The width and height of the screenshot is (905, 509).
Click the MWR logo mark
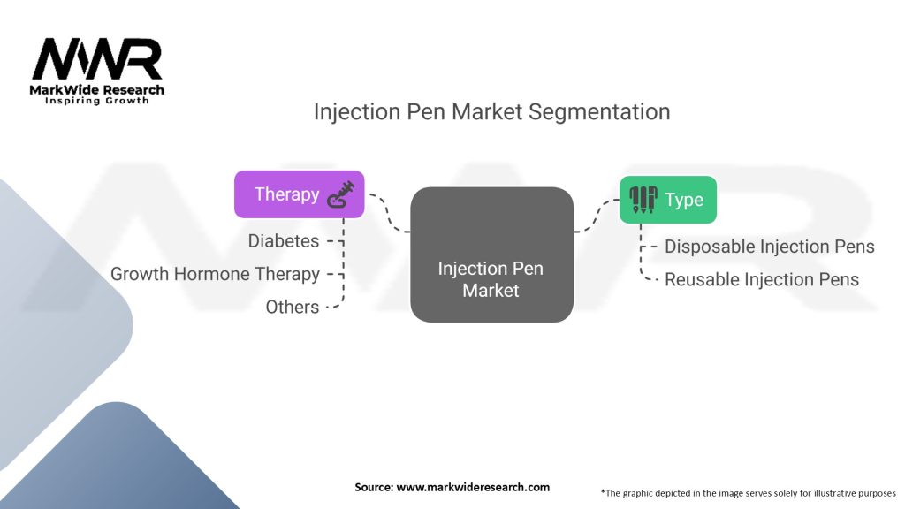click(x=97, y=59)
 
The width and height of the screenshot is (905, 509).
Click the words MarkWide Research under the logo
click(x=97, y=90)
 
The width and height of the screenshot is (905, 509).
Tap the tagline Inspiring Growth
click(x=97, y=101)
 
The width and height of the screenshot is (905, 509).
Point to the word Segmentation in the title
click(x=599, y=112)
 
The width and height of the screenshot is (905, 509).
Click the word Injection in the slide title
click(x=357, y=112)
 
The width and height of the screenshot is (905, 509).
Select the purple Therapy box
click(x=299, y=194)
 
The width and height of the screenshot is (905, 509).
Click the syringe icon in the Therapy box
click(x=340, y=194)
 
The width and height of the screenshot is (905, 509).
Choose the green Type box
click(x=668, y=200)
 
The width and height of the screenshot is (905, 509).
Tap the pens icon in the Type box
click(x=643, y=200)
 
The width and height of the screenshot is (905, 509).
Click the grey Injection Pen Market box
click(x=491, y=254)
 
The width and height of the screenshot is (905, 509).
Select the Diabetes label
click(x=284, y=240)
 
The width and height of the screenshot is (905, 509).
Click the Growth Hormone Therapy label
click(x=216, y=274)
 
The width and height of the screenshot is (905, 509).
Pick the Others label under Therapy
click(x=292, y=307)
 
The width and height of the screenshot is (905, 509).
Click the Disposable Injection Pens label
click(x=770, y=247)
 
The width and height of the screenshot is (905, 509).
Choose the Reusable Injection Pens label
click(x=762, y=279)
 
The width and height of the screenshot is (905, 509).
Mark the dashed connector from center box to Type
click(x=597, y=216)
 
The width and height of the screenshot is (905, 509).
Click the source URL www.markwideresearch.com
click(x=473, y=487)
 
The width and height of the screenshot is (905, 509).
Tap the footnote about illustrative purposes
click(x=748, y=493)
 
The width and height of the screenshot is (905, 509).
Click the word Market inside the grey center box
click(x=491, y=290)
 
